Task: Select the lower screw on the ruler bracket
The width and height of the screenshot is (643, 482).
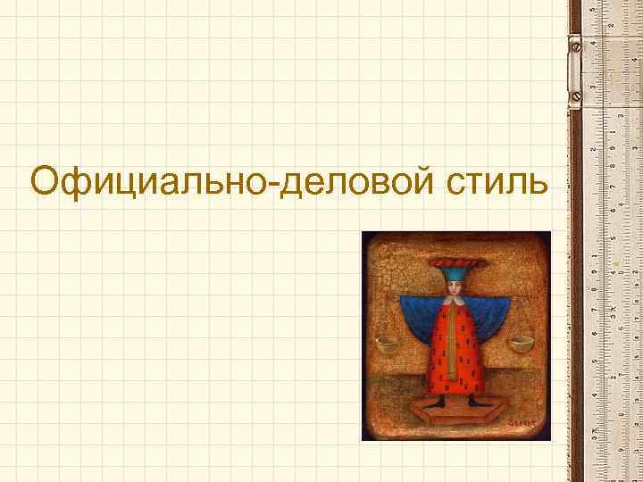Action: (578, 93)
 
